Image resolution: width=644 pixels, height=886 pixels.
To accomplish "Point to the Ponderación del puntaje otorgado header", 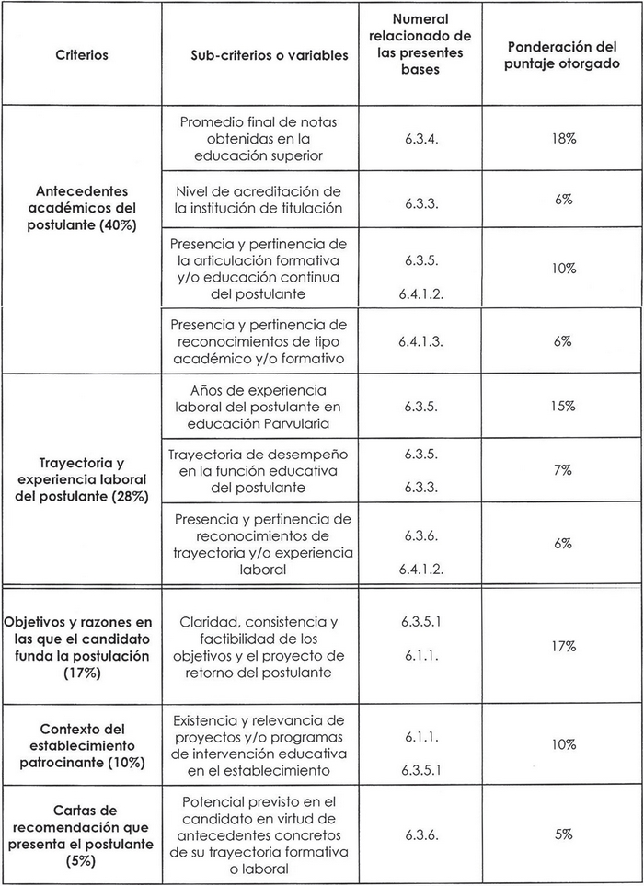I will tap(564, 55).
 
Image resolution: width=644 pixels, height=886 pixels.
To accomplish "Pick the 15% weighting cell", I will tap(564, 405).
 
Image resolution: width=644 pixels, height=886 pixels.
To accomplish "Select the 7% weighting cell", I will tap(564, 470).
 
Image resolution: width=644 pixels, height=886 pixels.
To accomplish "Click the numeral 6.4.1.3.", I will tap(420, 341).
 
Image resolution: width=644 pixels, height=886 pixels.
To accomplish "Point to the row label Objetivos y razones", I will tap(81, 647).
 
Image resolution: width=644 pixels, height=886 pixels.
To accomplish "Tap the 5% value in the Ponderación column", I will tap(564, 834).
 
